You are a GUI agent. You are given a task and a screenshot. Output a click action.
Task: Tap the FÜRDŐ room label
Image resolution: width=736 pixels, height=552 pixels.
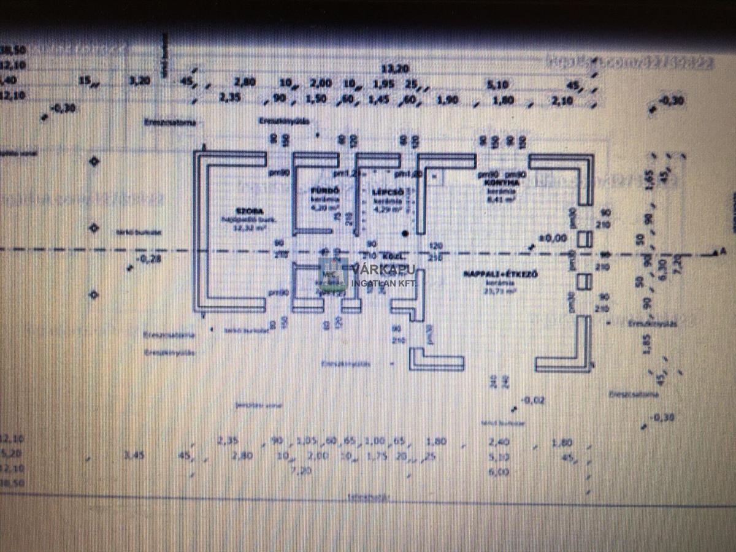coord(317,191)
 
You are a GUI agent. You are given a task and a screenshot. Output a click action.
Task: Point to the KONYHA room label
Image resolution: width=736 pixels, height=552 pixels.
coord(497,182)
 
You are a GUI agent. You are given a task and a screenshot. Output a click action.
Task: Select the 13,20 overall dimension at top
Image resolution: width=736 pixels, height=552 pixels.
coord(394,69)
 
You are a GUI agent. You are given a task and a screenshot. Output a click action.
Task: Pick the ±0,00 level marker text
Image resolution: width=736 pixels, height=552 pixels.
coord(553,237)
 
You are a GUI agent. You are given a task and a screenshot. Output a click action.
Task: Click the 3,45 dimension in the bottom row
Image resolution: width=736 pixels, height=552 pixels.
coord(134,456)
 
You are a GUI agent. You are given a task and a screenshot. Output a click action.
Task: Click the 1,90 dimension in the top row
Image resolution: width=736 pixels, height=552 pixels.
coord(448,100)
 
